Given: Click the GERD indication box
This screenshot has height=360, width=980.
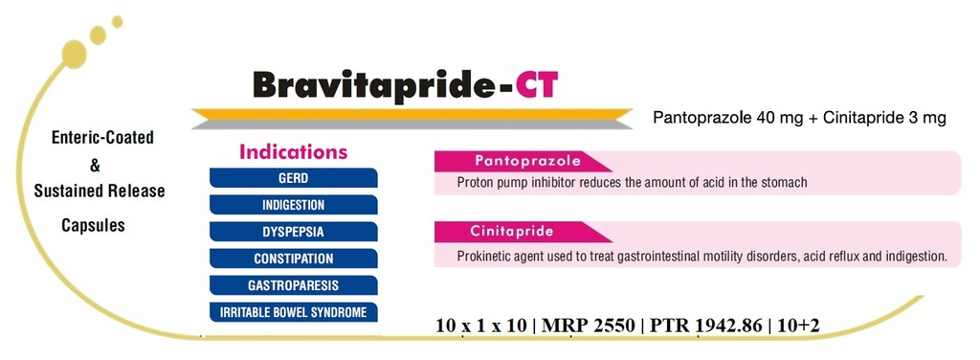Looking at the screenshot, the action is (293, 178).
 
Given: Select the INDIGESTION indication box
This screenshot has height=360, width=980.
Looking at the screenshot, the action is (293, 205).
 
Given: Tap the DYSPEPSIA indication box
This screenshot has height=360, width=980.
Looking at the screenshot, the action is (293, 232).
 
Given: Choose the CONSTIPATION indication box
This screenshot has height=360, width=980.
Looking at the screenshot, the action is (293, 259).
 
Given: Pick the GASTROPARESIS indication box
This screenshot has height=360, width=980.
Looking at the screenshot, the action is (293, 285).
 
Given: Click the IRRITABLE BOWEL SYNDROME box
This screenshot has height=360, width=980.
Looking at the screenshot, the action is (293, 312).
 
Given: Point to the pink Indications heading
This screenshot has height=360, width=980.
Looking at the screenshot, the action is (293, 152).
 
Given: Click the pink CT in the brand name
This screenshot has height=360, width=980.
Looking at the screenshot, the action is (534, 86).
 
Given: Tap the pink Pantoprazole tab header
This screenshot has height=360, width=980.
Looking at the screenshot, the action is (523, 161).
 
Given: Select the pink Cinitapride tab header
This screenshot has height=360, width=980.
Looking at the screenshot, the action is (523, 232).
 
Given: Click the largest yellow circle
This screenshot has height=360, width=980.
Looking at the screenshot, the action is (75, 54).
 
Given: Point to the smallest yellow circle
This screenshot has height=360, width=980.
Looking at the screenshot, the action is (117, 21).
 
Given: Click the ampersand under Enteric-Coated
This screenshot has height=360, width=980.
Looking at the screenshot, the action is (95, 166).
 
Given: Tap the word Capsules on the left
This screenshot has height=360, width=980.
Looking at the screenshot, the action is (93, 226).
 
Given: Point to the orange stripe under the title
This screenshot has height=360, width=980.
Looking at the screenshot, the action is (412, 113).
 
